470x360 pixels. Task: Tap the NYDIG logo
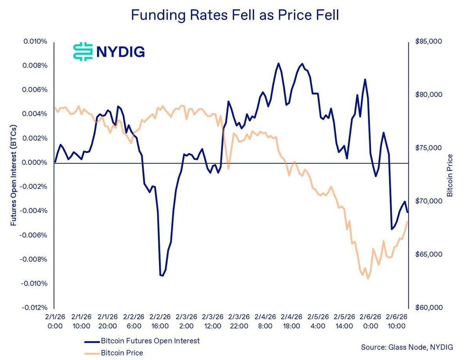tap(109, 52)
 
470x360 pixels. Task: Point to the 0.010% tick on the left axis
tap(36, 42)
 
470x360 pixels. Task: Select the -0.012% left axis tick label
tap(35, 308)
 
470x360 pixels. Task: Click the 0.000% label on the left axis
tap(36, 163)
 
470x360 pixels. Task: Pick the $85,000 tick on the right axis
tap(428, 42)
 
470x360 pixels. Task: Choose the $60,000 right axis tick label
tap(428, 308)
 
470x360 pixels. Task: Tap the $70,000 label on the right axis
tap(428, 201)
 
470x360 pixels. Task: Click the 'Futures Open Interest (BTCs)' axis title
tap(14, 175)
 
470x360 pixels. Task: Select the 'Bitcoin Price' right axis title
tap(450, 175)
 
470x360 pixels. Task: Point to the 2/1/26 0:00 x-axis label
tap(54, 321)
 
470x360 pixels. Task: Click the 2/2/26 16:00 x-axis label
tap(160, 321)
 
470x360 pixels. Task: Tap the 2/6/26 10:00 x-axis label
tap(396, 321)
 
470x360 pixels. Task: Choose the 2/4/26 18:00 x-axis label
tap(291, 321)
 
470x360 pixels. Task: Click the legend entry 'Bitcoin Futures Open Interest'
tap(150, 341)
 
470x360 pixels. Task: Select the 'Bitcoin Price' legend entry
tap(122, 353)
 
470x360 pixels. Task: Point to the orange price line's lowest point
tap(368, 279)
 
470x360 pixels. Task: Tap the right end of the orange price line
tap(408, 221)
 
